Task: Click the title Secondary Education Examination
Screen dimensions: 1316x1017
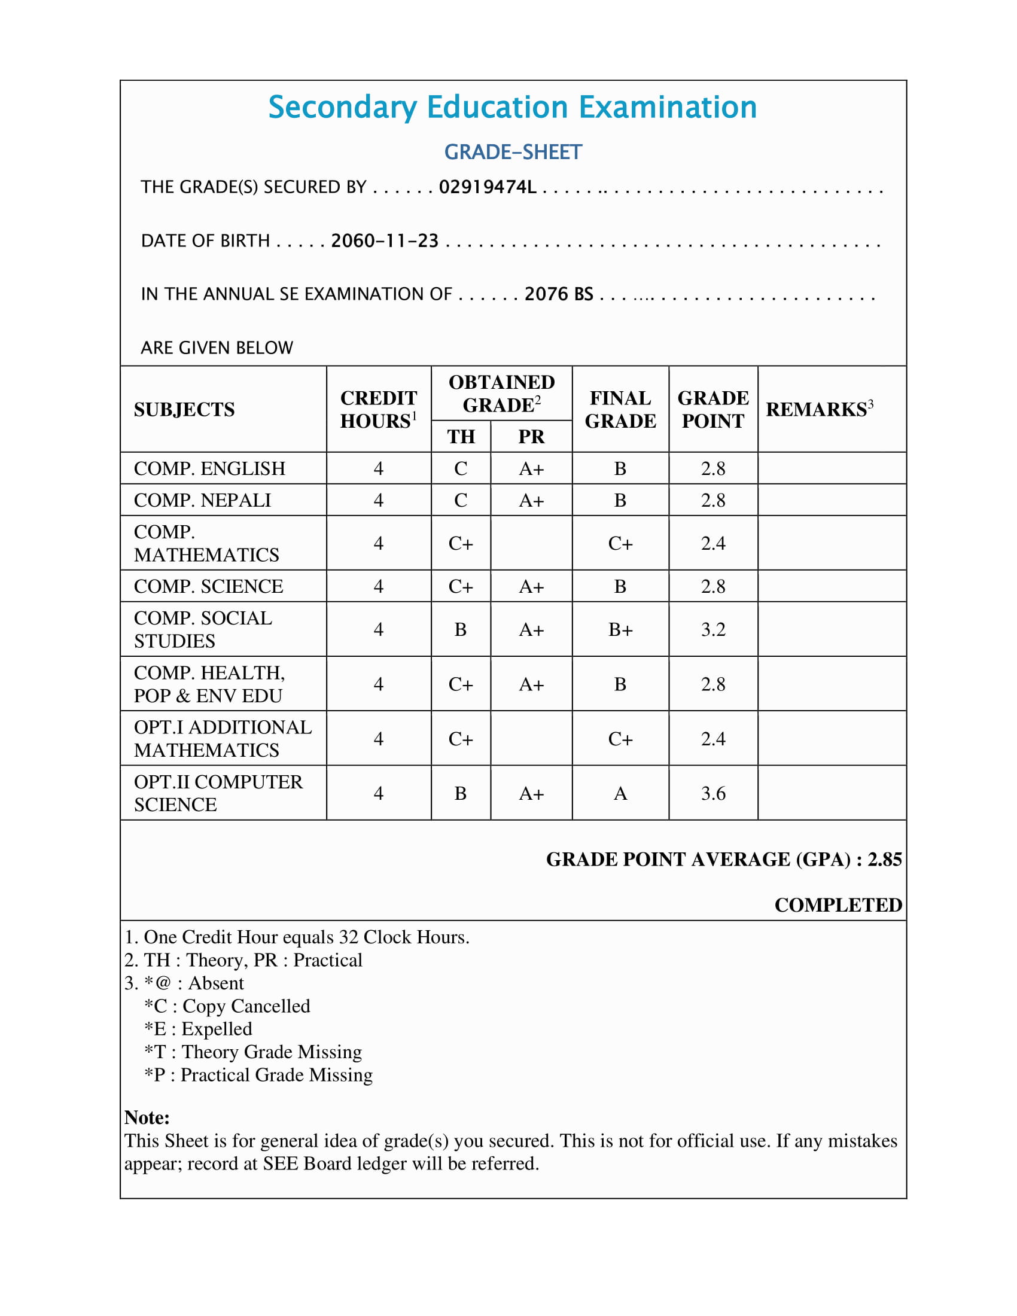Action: coord(512,108)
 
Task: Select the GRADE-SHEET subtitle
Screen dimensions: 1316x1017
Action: coord(513,153)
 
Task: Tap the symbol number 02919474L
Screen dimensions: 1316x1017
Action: coord(488,187)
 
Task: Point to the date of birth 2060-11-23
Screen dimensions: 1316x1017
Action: coord(385,241)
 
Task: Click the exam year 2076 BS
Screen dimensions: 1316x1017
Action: coord(559,294)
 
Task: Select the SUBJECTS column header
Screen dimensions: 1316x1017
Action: coord(184,410)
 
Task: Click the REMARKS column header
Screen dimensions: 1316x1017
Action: coord(819,410)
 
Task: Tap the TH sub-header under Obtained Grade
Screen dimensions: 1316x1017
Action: coord(461,437)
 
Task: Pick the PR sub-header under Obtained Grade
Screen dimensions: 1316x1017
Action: coord(531,437)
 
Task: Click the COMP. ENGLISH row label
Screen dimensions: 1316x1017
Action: coord(209,469)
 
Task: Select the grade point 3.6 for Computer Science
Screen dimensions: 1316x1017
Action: coord(712,794)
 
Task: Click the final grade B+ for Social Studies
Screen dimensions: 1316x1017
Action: coord(620,630)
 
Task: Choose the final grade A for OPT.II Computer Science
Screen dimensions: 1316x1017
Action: coord(620,794)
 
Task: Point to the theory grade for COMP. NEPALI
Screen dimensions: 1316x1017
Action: coord(461,501)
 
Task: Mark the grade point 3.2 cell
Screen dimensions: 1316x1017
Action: coord(712,630)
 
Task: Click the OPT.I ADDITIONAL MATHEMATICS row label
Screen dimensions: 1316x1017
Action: coord(223,739)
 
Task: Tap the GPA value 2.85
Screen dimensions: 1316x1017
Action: coord(884,859)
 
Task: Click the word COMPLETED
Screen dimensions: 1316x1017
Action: coord(838,905)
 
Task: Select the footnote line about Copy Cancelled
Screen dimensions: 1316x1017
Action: coord(227,1006)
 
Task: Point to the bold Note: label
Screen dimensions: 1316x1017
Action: coord(147,1118)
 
